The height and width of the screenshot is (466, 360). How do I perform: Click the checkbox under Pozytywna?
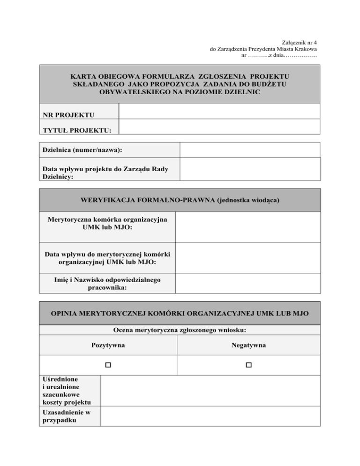pyautogui.click(x=108, y=365)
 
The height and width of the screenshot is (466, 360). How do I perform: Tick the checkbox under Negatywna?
pyautogui.click(x=248, y=365)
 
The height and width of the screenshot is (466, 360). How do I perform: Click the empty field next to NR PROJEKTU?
pyautogui.click(x=219, y=112)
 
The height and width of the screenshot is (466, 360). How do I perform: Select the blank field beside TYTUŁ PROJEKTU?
pyautogui.click(x=219, y=127)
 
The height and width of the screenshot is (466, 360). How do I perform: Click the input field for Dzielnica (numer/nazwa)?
pyautogui.click(x=249, y=150)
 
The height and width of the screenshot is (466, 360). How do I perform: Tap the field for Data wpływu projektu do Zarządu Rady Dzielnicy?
pyautogui.click(x=249, y=169)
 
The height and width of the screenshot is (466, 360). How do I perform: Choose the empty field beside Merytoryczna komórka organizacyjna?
pyautogui.click(x=248, y=227)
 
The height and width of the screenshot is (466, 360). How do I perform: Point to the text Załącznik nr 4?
pyautogui.click(x=300, y=42)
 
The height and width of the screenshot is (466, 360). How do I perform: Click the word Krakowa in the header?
pyautogui.click(x=306, y=49)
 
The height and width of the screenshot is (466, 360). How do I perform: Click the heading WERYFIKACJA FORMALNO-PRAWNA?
pyautogui.click(x=180, y=201)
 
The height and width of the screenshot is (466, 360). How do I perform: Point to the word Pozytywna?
pyautogui.click(x=108, y=346)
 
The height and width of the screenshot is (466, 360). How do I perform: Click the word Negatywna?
pyautogui.click(x=248, y=346)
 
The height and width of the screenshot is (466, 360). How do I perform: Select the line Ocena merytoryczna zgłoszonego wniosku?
pyautogui.click(x=180, y=330)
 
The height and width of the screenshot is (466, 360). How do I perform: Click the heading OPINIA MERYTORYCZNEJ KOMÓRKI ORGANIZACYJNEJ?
pyautogui.click(x=180, y=313)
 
